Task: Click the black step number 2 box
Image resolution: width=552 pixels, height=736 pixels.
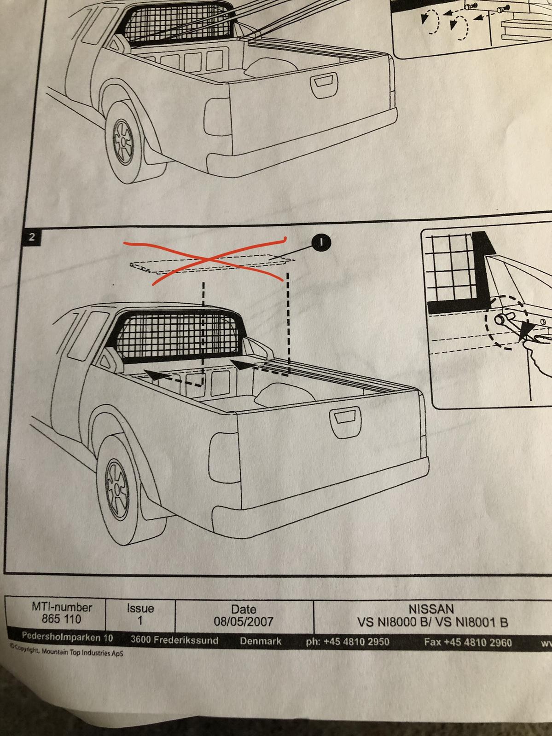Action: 32,237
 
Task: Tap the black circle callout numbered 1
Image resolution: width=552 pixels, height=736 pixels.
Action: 321,242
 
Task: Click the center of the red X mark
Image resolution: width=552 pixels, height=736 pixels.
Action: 209,259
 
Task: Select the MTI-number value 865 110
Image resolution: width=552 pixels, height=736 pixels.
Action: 61,619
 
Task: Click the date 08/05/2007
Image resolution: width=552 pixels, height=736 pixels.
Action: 243,621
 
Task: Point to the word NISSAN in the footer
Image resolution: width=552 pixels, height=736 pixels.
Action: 431,609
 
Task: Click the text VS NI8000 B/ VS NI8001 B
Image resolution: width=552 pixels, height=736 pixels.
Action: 433,622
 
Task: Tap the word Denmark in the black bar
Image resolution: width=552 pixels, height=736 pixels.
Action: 261,641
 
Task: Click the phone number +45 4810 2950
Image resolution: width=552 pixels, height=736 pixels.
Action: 356,641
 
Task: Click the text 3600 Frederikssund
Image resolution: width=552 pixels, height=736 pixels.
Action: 174,640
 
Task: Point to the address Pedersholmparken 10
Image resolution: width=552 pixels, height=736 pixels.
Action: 67,637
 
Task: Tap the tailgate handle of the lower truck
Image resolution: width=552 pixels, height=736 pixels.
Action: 345,423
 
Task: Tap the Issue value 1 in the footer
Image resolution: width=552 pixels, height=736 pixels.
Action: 140,621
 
